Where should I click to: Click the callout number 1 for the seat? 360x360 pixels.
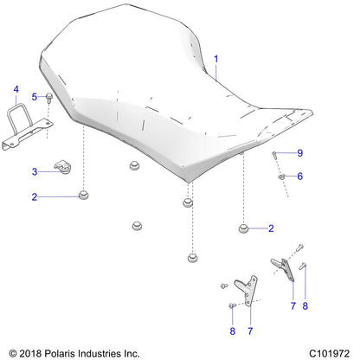(x=216, y=60)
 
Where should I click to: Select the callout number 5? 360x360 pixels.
(x=35, y=96)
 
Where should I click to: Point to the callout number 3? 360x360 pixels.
(x=35, y=170)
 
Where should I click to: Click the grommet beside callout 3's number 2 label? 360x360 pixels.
(x=83, y=196)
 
